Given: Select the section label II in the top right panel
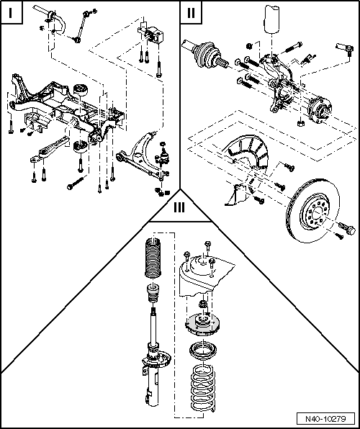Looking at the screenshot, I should pos(190,14).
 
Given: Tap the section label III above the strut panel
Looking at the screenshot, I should pos(179,209).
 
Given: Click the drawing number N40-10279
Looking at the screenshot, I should pos(326,418).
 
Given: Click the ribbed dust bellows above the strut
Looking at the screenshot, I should pos(153,259).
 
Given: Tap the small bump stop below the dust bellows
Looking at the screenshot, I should pos(153,295).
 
